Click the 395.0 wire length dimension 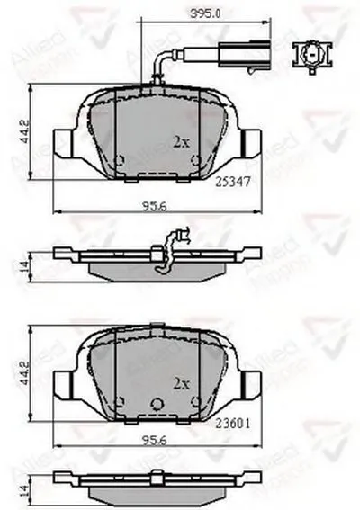(x=213, y=13)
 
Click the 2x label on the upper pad (x=180, y=140)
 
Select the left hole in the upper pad (x=121, y=161)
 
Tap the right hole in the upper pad (x=195, y=161)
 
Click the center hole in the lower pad (x=157, y=402)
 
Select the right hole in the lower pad (x=195, y=402)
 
